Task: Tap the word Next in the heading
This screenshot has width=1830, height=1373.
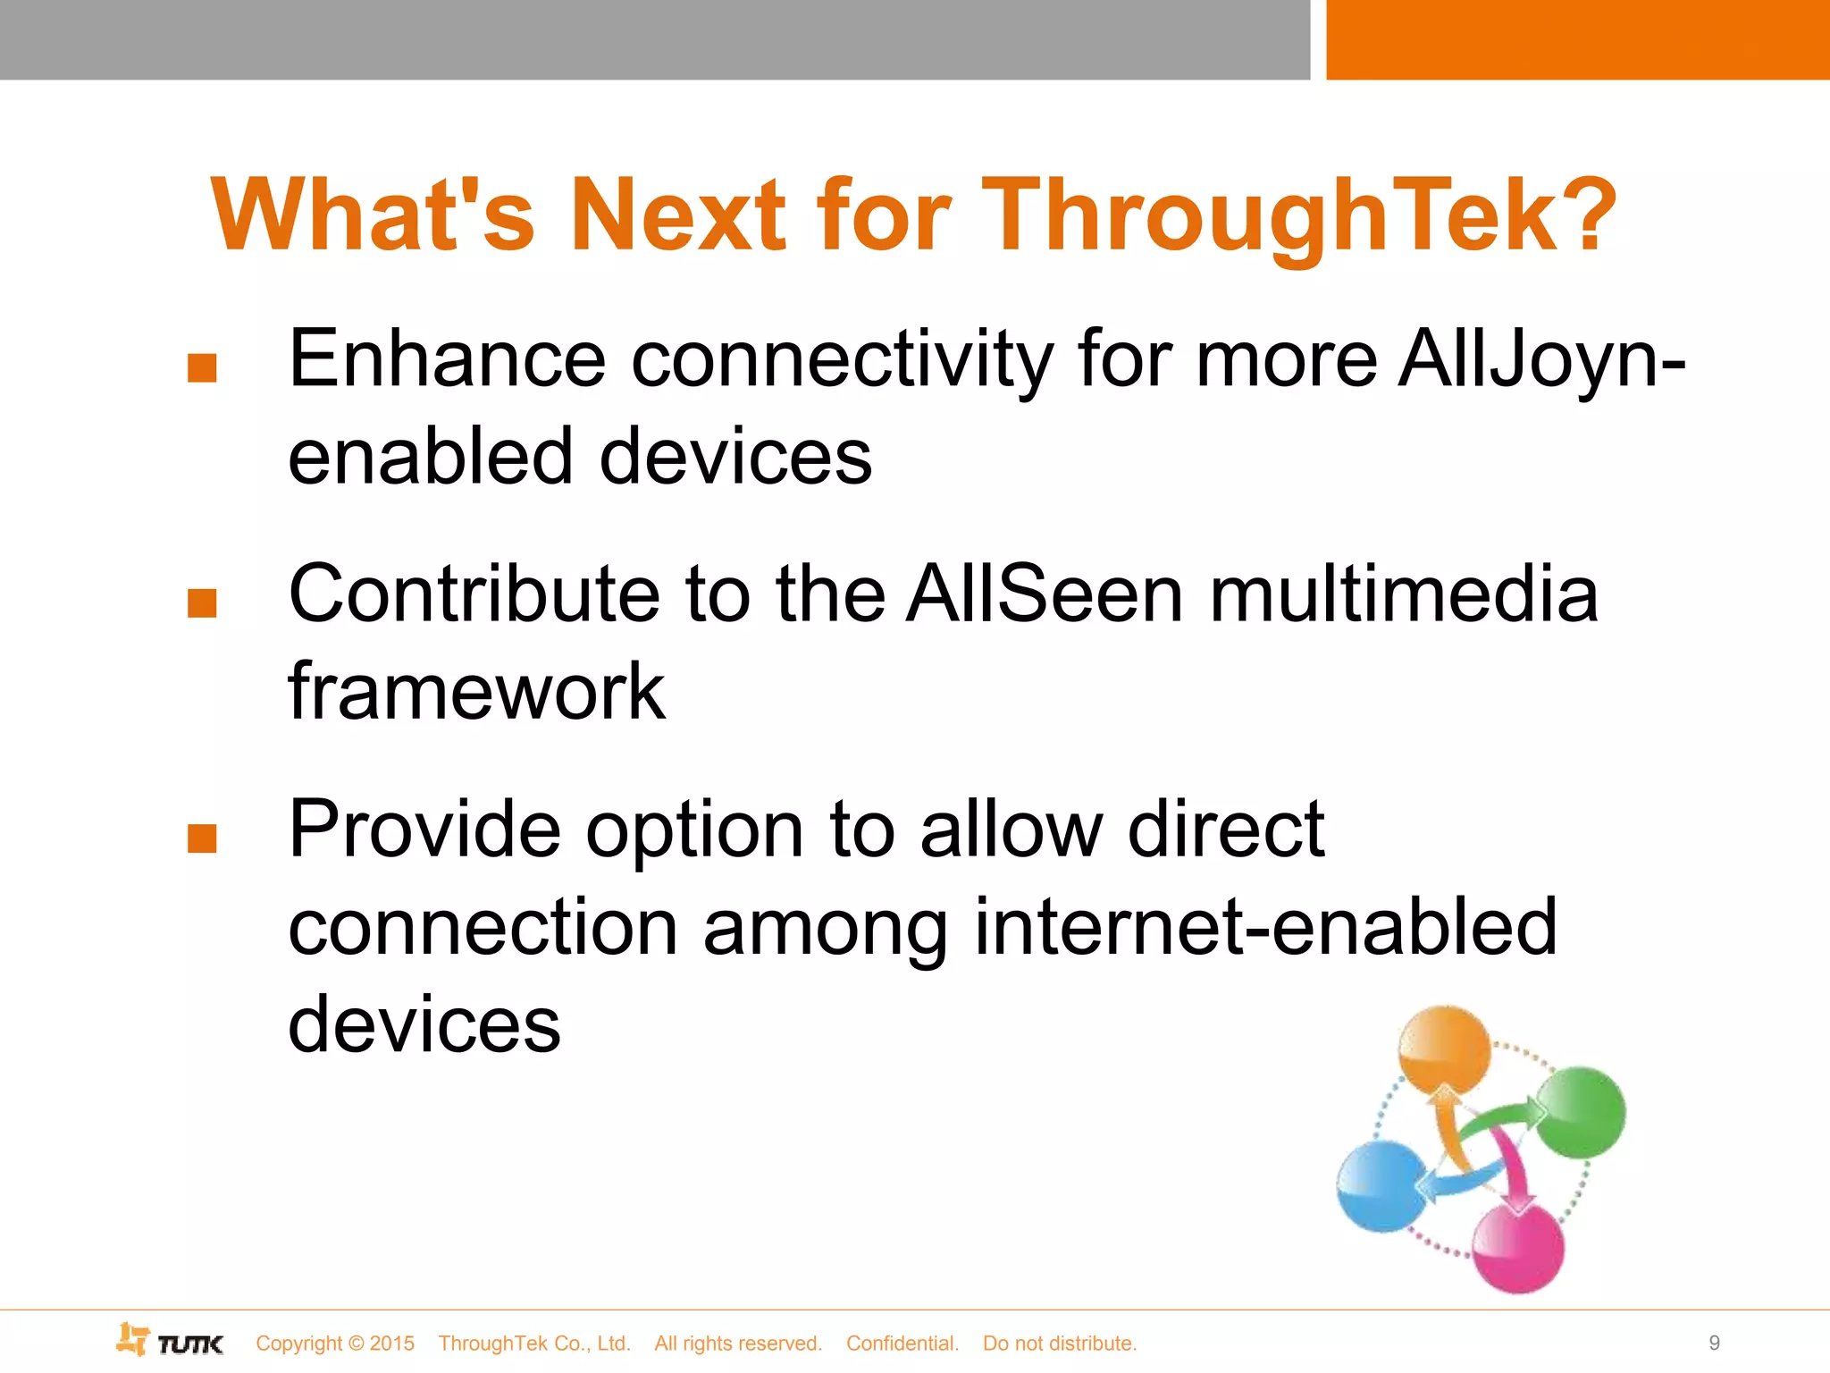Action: [x=678, y=215]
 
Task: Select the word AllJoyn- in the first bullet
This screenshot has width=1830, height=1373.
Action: [x=1540, y=359]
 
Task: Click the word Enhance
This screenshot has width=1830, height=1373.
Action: [x=448, y=359]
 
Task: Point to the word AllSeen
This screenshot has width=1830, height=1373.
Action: [x=1045, y=594]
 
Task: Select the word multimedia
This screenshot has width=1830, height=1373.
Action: [x=1403, y=594]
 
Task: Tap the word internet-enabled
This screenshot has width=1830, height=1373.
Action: [x=1265, y=927]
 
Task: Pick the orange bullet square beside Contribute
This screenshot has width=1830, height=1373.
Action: [x=203, y=603]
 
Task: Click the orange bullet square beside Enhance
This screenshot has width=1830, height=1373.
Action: [x=203, y=368]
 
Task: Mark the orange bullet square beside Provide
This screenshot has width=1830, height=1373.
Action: [x=203, y=838]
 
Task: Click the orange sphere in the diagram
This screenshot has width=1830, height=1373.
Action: [x=1443, y=1048]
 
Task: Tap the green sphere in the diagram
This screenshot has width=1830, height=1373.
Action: [x=1580, y=1111]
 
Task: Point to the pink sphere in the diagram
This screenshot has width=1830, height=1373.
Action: [x=1518, y=1248]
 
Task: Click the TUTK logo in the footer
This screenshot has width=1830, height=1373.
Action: [x=171, y=1341]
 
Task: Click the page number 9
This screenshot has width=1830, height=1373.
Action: [x=1714, y=1343]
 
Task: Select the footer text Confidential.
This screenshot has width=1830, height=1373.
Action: [x=902, y=1344]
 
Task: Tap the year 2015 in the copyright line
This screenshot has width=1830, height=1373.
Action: [x=391, y=1344]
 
